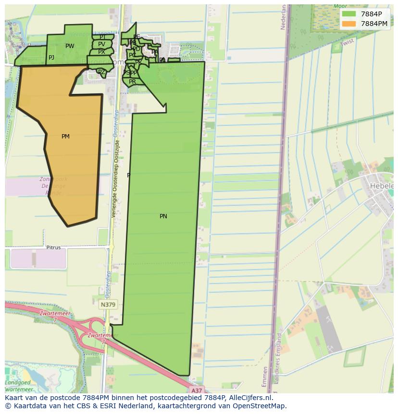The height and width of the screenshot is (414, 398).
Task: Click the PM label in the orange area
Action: [x=65, y=137]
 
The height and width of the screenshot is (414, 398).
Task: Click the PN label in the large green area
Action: [x=163, y=216]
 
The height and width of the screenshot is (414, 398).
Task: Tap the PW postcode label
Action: [x=70, y=46]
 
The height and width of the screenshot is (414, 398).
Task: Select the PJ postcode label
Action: [x=51, y=58]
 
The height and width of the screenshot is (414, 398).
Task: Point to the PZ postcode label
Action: [x=101, y=72]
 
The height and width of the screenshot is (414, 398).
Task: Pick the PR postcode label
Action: [x=132, y=82]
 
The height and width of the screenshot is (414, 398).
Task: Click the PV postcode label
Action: [x=101, y=44]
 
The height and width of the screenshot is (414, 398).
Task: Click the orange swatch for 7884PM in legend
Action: [x=349, y=24]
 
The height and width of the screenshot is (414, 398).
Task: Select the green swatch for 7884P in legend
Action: [x=349, y=14]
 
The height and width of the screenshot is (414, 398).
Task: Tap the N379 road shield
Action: [x=108, y=304]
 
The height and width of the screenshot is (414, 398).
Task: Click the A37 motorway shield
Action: [x=196, y=390]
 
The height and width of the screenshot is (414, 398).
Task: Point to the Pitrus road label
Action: [x=53, y=248]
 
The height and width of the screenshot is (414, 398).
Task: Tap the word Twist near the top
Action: [x=347, y=43]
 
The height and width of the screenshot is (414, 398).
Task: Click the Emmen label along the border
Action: [x=264, y=376]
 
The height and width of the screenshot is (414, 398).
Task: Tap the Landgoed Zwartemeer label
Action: [x=19, y=386]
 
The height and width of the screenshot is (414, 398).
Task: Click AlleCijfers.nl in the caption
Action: [x=250, y=398]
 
